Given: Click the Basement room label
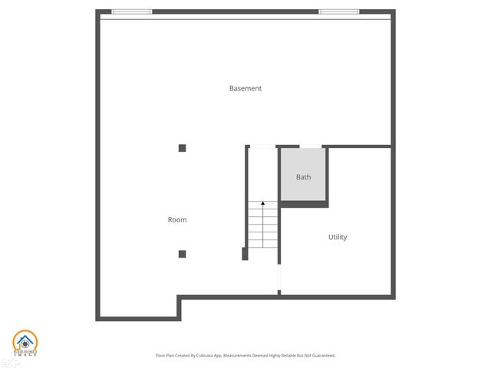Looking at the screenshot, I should coord(245,88).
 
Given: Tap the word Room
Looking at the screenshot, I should coord(177,220).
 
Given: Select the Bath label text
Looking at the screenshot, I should coord(304,177).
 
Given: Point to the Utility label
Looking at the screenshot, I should coord(338,237).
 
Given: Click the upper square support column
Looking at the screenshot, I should coord(182,148).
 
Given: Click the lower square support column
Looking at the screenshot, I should coord(182,254).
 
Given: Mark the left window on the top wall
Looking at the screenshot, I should coord(132,11).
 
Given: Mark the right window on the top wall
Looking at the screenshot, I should coord(339,11).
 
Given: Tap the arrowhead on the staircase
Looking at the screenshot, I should coord(263,203).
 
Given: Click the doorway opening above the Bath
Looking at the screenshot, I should coord(310,146).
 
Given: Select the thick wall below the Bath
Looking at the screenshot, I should coord(304,205).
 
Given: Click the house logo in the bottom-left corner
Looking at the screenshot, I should coord(24,343).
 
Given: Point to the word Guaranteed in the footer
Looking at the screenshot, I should coord(321,356).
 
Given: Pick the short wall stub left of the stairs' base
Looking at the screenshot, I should coord(245,254).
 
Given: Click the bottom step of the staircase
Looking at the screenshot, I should coord(263,244).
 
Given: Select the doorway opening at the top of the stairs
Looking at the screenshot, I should coord(262,146).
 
